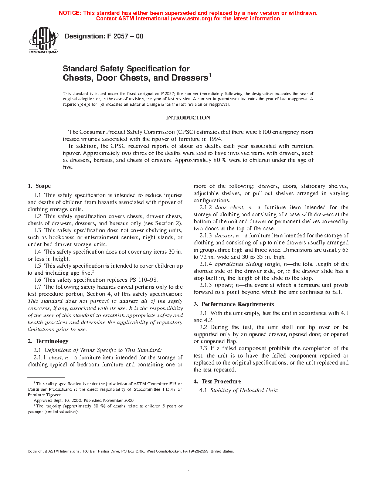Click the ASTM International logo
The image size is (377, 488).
(x=43, y=40)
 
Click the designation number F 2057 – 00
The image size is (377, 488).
(x=125, y=36)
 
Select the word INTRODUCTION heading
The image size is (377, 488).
(x=188, y=118)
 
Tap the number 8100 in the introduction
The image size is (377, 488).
(x=265, y=132)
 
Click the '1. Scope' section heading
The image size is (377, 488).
(x=39, y=186)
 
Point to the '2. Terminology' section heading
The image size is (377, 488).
(x=48, y=341)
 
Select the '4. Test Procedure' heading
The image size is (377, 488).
(x=217, y=382)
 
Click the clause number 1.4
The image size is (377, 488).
(x=37, y=252)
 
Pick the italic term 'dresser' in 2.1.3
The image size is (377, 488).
(x=224, y=235)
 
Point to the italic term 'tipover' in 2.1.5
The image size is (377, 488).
(x=223, y=285)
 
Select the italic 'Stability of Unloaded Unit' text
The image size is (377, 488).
(x=244, y=390)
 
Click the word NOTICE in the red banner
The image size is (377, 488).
(x=69, y=13)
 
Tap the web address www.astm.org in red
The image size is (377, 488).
(x=191, y=18)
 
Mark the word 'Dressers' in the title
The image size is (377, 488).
(x=189, y=78)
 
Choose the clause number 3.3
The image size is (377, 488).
(x=203, y=348)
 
